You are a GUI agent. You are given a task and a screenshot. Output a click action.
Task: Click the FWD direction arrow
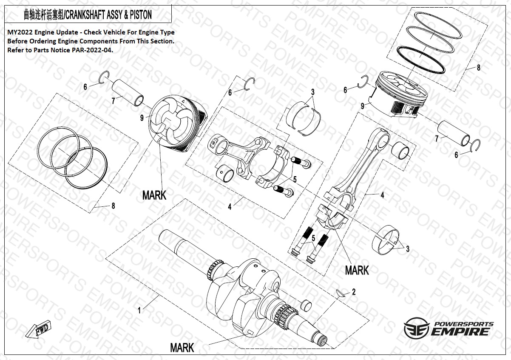pyautogui.click(x=39, y=330)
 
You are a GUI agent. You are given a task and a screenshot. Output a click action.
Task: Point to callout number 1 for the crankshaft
pyautogui.click(x=139, y=311)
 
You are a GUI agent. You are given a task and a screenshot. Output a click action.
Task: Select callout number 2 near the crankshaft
pyautogui.click(x=354, y=292)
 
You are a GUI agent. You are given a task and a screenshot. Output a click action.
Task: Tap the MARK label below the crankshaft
pyautogui.click(x=182, y=347)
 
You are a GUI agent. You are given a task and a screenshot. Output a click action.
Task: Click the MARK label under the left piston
pyautogui.click(x=154, y=195)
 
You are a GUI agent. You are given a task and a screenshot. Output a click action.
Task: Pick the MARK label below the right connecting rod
pyautogui.click(x=357, y=270)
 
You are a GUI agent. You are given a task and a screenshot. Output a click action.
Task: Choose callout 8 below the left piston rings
pyautogui.click(x=113, y=206)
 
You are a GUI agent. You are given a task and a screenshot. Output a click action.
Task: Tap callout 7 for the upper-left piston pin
pyautogui.click(x=113, y=101)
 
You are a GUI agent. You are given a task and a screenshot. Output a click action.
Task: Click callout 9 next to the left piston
pyautogui.click(x=142, y=118)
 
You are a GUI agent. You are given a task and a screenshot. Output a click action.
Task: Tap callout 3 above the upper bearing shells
pyautogui.click(x=312, y=92)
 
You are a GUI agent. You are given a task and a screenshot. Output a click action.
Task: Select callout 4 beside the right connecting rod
pyautogui.click(x=382, y=195)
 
